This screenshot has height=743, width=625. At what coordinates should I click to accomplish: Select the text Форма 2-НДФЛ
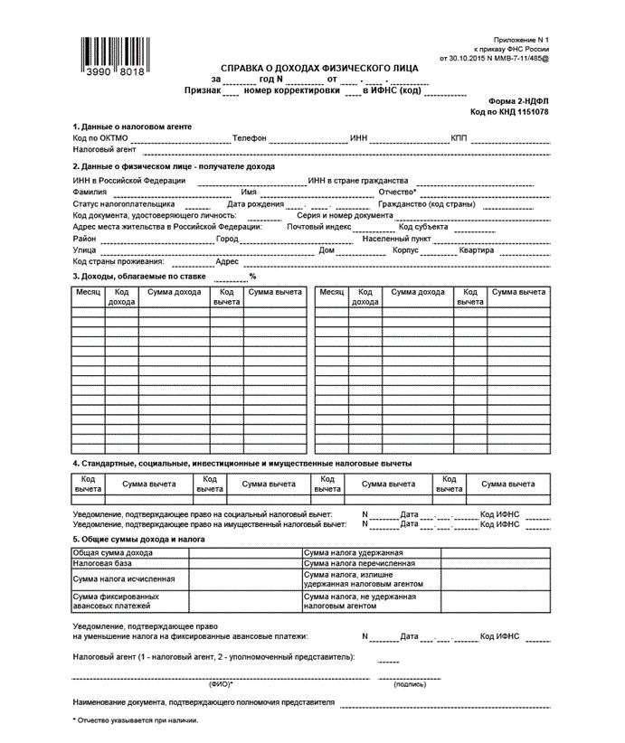tap(518, 101)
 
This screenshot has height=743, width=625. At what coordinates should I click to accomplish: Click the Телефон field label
tap(249, 137)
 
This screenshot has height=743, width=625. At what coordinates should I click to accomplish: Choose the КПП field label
tap(460, 137)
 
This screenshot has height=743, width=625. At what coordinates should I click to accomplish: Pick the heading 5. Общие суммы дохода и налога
tap(138, 539)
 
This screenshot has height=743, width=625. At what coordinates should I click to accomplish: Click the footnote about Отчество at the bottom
tap(135, 719)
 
